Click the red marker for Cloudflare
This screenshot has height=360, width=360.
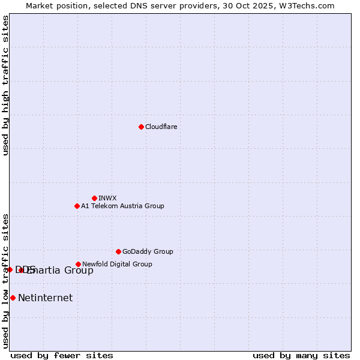click(141, 127)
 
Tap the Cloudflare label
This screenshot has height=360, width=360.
click(161, 127)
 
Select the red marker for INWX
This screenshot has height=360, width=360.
click(94, 198)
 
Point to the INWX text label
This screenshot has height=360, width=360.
click(107, 198)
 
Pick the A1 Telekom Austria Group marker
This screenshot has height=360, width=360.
click(77, 206)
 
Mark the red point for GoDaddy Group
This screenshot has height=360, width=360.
click(118, 251)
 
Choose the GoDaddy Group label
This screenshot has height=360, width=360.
click(148, 251)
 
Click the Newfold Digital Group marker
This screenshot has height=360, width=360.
click(78, 264)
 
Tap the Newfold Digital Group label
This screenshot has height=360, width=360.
click(117, 264)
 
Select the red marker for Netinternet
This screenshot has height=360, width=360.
click(13, 298)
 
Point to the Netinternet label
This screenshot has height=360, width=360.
click(45, 298)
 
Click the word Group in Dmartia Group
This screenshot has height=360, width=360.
click(79, 270)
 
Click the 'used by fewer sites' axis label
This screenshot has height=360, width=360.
click(62, 355)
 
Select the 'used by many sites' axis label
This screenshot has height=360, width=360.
click(301, 355)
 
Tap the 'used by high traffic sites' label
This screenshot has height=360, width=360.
click(5, 85)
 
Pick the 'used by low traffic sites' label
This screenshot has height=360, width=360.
click(5, 280)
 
